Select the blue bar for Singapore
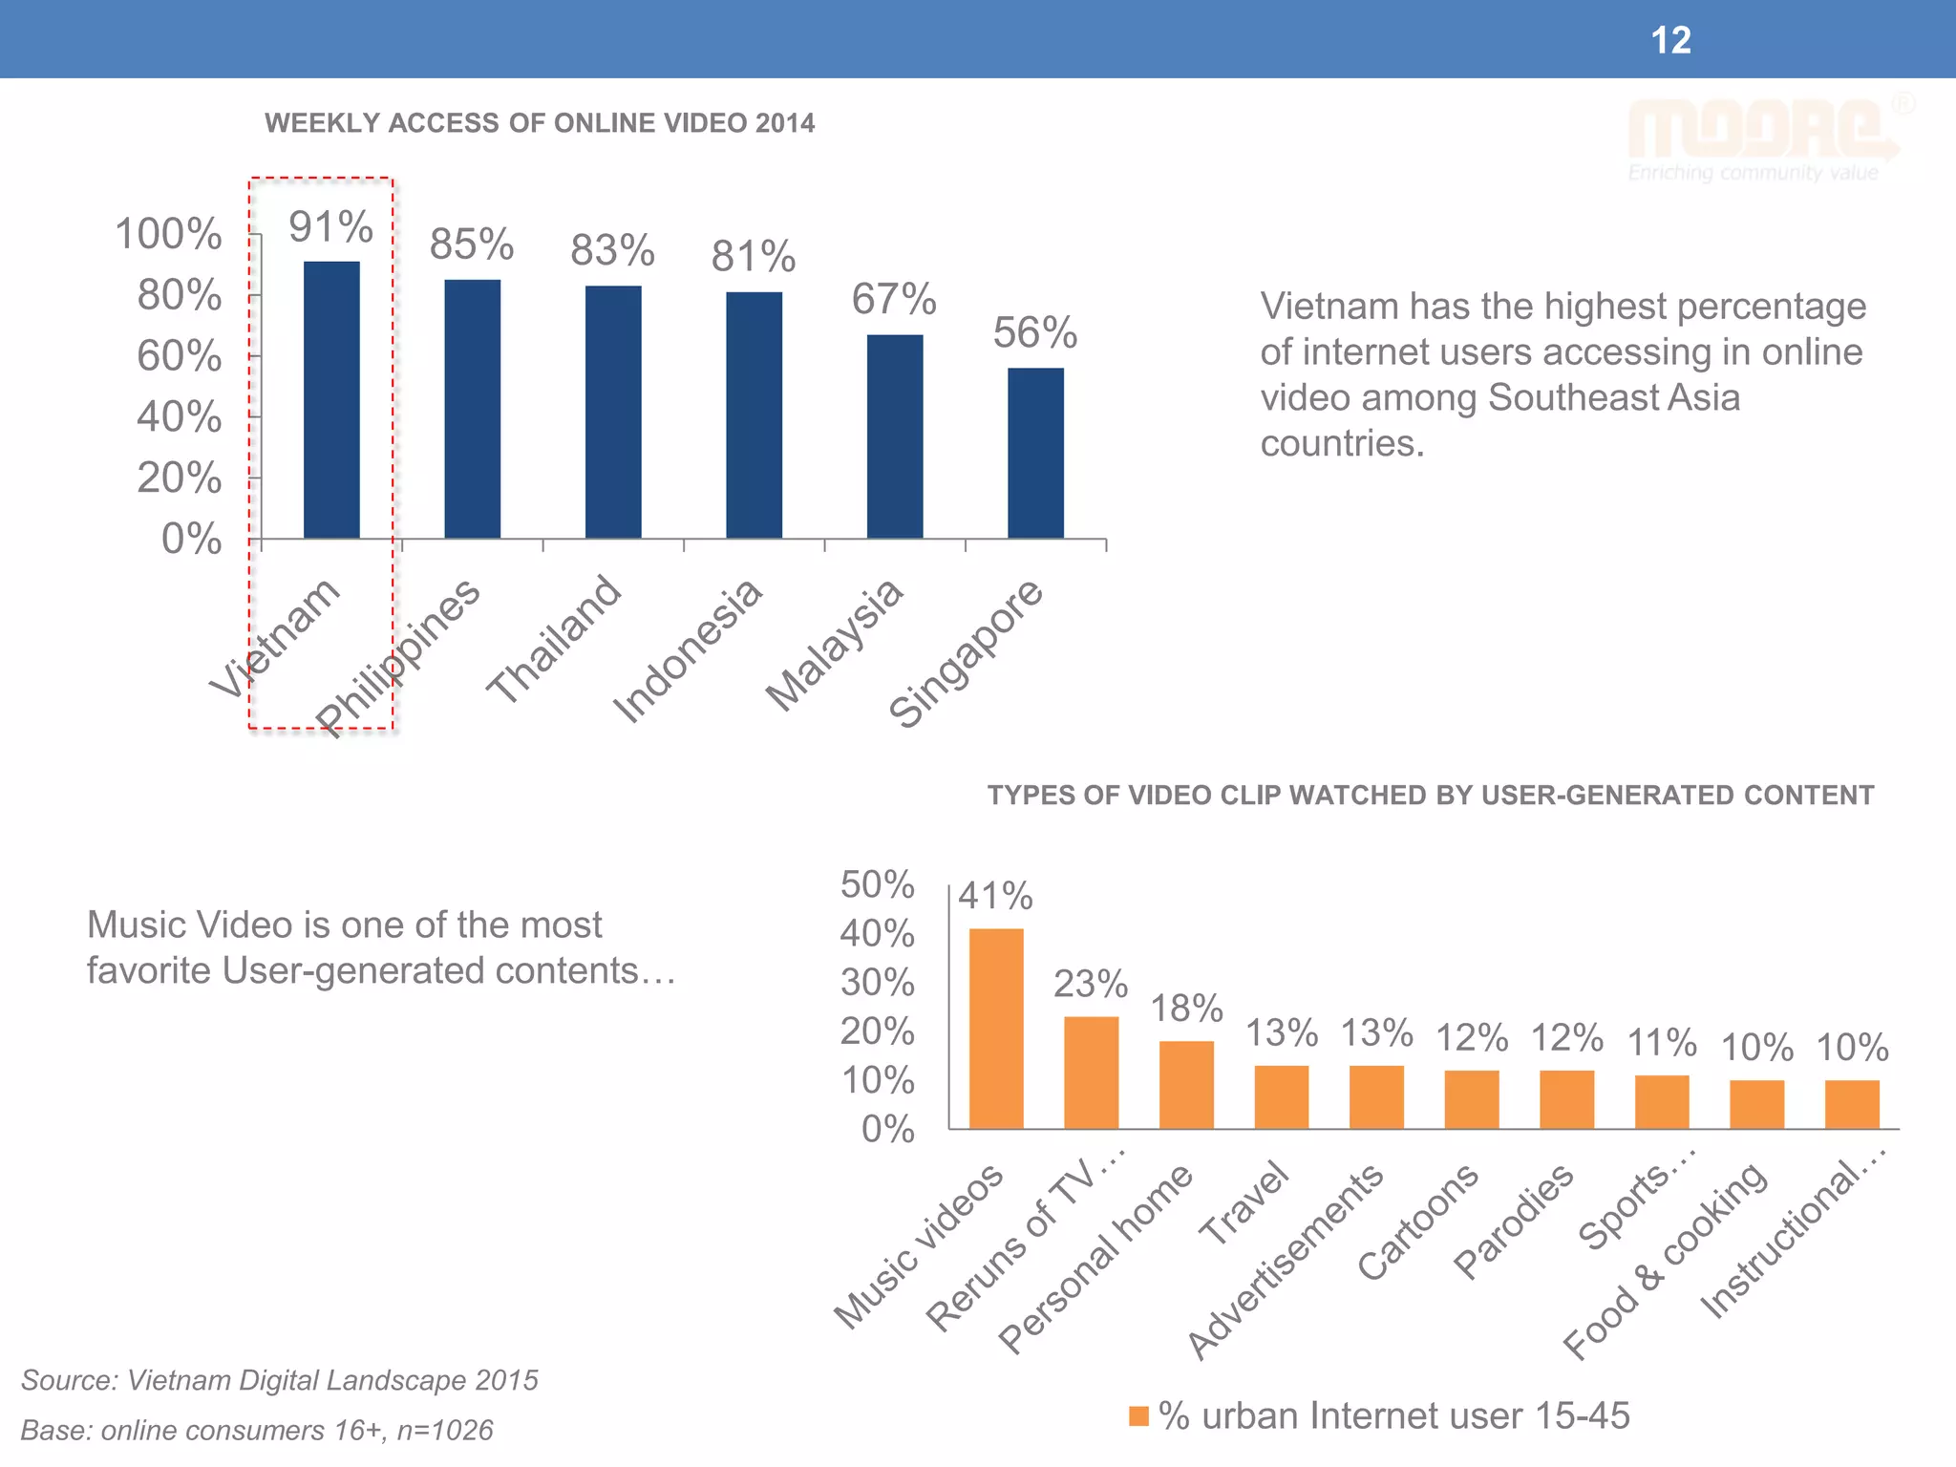point(1035,453)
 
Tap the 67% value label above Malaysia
point(894,299)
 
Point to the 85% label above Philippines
point(471,244)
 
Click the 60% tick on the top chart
point(180,356)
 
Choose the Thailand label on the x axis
point(554,640)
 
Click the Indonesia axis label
point(687,651)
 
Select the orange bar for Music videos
point(996,1028)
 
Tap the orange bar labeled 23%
point(1091,1072)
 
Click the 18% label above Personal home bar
point(1186,1009)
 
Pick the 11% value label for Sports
point(1662,1042)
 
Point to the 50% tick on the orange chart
point(877,884)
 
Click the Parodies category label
point(1513,1222)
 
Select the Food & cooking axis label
point(1665,1261)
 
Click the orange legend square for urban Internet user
point(1138,1416)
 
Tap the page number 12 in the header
point(1670,40)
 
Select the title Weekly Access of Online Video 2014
point(540,123)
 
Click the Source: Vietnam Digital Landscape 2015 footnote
point(280,1380)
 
